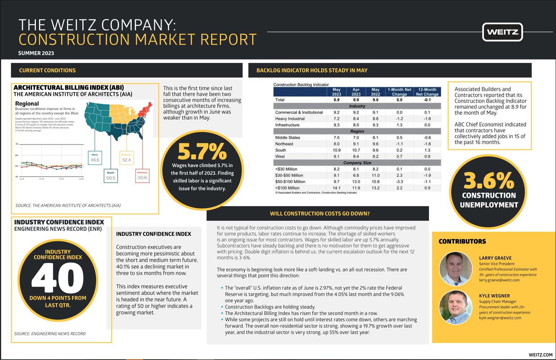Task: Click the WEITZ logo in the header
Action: point(502,32)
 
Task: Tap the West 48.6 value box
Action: point(95,158)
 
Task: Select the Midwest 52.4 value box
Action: point(126,158)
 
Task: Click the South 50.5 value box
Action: point(111,176)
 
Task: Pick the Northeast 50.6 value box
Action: point(142,176)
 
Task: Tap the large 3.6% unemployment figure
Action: point(488,180)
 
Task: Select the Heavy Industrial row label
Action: point(290,119)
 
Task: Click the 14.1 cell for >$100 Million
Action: point(336,188)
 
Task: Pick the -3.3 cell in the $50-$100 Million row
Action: point(399,182)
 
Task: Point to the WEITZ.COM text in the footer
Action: point(540,355)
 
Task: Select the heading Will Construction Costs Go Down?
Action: point(319,214)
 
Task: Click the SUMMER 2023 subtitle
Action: point(36,53)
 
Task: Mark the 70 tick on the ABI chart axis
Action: point(17,144)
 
